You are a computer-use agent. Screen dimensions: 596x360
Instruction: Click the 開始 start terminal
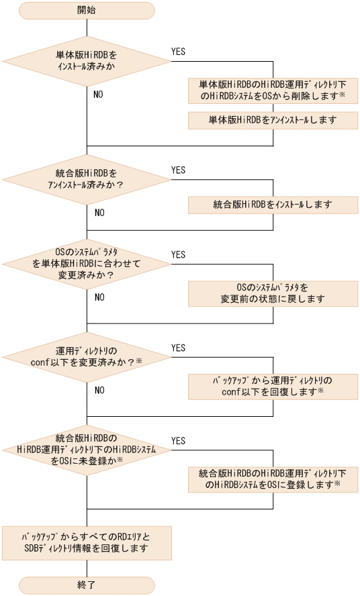tap(87, 11)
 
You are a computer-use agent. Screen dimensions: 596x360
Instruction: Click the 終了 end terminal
tap(87, 584)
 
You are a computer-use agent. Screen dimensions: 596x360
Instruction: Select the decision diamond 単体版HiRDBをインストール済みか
tap(87, 62)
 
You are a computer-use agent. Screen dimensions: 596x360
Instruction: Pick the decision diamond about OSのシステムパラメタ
tap(87, 264)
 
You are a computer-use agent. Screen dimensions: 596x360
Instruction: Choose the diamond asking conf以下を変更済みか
tap(87, 357)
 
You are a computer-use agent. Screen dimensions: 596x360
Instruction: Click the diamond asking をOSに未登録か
tap(87, 450)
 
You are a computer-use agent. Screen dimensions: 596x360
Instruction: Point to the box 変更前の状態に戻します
tap(273, 293)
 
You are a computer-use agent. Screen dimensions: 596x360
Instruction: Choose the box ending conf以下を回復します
tap(273, 386)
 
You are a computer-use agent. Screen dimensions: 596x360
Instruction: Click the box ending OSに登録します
tap(273, 479)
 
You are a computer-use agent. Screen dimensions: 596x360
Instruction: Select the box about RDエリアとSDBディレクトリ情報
tap(87, 542)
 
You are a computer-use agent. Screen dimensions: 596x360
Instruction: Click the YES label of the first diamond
tap(179, 50)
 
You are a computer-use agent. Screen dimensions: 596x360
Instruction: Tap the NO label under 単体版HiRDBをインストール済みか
tap(98, 95)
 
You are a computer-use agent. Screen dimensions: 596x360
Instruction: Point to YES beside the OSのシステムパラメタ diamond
tap(179, 255)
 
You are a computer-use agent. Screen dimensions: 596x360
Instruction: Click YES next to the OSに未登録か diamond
tap(179, 441)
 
